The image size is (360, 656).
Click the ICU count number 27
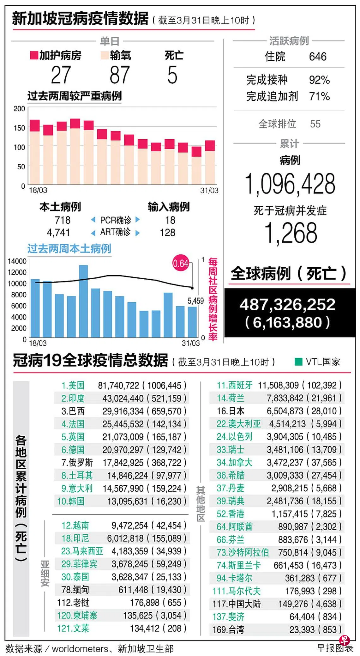tap(61, 75)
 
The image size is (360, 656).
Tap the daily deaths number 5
tap(172, 75)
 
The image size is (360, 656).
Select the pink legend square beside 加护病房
tap(34, 55)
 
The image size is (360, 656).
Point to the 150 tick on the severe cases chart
tap(19, 128)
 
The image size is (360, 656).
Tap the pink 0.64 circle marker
tap(181, 263)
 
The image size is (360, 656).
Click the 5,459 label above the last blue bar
tap(195, 301)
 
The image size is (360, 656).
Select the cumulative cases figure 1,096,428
tap(290, 184)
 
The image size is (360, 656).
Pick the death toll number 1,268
tap(290, 233)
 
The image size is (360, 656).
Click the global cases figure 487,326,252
tap(287, 305)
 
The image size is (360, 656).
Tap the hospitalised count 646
tap(318, 57)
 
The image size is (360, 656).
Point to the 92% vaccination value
tap(319, 80)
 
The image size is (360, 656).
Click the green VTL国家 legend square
tap(298, 362)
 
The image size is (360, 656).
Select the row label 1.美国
tap(73, 386)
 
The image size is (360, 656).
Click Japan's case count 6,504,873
tap(285, 411)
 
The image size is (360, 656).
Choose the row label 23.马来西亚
tap(82, 551)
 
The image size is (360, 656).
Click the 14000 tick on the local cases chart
tap(17, 261)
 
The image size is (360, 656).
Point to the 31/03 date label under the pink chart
tap(209, 191)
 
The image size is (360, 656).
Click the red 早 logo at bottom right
tap(344, 640)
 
